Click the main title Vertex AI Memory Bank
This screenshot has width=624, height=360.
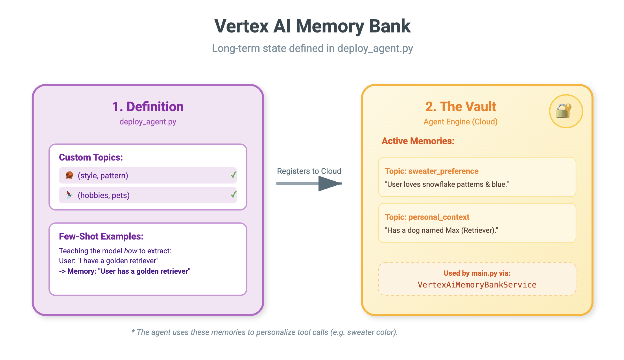pos(312,26)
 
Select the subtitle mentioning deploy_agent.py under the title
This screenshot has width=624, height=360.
pos(312,49)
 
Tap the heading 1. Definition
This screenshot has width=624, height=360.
pos(148,107)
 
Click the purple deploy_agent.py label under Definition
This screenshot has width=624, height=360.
pos(148,122)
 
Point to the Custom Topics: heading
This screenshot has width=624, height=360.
pos(91,157)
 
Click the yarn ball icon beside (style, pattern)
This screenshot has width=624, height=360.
pos(69,175)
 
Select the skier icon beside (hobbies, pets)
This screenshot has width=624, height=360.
pos(69,195)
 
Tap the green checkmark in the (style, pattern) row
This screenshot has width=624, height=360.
pos(234,175)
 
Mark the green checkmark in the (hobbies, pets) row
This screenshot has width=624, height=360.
pos(234,195)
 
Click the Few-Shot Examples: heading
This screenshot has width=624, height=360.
pos(101,236)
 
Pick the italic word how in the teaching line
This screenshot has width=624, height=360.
pos(130,251)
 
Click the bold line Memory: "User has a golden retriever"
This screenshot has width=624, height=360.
pos(125,271)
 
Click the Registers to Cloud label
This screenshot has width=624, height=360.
pos(309,171)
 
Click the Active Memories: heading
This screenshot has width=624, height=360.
pos(418,141)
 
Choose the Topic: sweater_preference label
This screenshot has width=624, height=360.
pos(431,171)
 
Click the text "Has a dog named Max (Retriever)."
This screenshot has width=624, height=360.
pos(441,230)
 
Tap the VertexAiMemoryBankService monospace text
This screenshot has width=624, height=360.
pos(477,285)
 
